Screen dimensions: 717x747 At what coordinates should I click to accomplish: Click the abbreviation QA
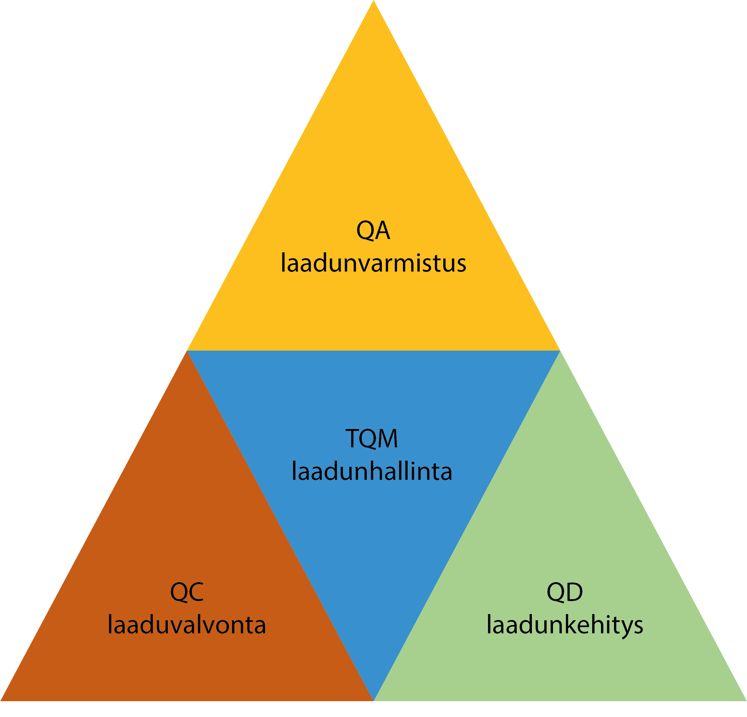[373, 230]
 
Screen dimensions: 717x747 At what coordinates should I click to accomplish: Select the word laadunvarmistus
[373, 263]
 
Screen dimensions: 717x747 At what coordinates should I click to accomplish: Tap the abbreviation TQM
[372, 438]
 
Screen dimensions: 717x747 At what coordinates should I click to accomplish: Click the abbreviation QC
[187, 592]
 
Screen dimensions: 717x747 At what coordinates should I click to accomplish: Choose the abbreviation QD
[564, 592]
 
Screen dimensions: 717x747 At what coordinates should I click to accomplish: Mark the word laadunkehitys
[564, 626]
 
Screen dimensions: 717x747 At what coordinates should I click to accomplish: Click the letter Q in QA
[365, 231]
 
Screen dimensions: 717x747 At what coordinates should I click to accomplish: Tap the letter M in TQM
[387, 438]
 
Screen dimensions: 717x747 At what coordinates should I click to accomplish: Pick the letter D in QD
[574, 592]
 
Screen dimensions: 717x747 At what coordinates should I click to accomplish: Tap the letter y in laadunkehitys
[622, 628]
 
